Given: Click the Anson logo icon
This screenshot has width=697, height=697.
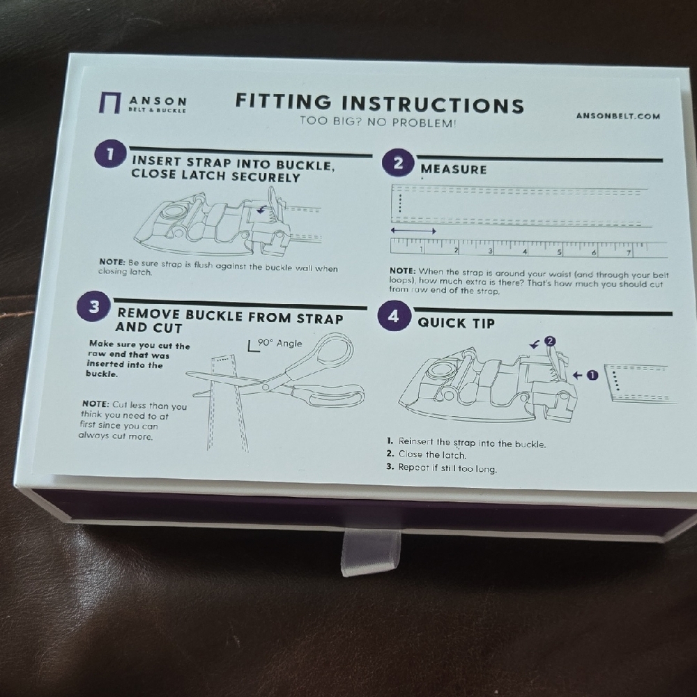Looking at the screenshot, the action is [109, 102].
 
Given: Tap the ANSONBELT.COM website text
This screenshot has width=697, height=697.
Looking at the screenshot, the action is [618, 116].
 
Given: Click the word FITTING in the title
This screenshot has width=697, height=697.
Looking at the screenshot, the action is [283, 101].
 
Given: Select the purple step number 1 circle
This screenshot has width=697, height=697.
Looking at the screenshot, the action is [109, 154].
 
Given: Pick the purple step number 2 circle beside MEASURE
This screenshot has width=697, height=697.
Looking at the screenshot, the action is [398, 163].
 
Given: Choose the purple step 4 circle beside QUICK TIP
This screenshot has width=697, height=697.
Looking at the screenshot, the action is [393, 316].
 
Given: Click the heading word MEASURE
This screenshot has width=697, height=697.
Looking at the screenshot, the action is [454, 169].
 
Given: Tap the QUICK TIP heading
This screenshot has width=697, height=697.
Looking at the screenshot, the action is [456, 323].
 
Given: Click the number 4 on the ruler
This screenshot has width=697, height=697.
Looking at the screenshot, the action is [525, 252].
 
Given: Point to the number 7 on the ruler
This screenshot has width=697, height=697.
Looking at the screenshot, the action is [629, 253].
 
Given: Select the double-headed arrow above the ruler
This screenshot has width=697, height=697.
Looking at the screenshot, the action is [413, 231].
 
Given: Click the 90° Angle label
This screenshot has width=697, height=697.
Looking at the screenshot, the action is [275, 344].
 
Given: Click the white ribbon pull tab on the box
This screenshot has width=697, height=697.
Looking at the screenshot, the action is [370, 552].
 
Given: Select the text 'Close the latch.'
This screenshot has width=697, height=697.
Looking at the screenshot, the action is [426, 454].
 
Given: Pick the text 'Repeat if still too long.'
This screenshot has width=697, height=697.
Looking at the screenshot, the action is [441, 468].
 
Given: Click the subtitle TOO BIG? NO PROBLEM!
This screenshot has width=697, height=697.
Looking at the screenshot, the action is [378, 122].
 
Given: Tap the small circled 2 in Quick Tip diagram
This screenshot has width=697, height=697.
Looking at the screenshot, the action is [550, 341].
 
